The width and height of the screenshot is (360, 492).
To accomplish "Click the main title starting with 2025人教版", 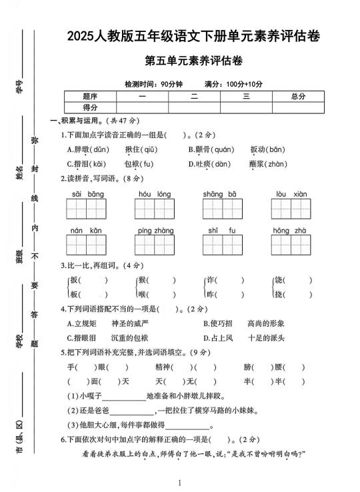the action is coord(193,37).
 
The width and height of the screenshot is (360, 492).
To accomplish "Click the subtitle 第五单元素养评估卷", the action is coord(193,61).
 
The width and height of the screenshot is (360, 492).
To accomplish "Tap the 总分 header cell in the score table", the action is coord(298,96).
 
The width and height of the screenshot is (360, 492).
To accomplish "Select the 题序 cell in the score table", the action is coord(90,96).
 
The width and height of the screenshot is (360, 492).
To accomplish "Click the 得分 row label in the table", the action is coord(90,107).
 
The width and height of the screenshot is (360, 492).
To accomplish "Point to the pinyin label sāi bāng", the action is coord(87,194).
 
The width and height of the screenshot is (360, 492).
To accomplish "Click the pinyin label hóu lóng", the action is coord(155,194).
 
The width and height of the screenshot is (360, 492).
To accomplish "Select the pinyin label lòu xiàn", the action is coord(291,194).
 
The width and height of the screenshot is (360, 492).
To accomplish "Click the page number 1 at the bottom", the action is coord(180,483).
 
